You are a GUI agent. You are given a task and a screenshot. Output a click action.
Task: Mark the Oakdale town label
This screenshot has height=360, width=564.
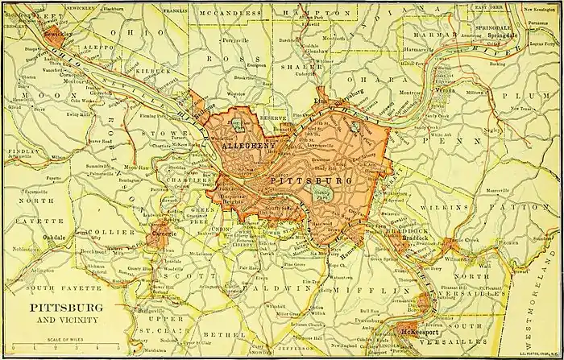(x=55, y=238)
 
